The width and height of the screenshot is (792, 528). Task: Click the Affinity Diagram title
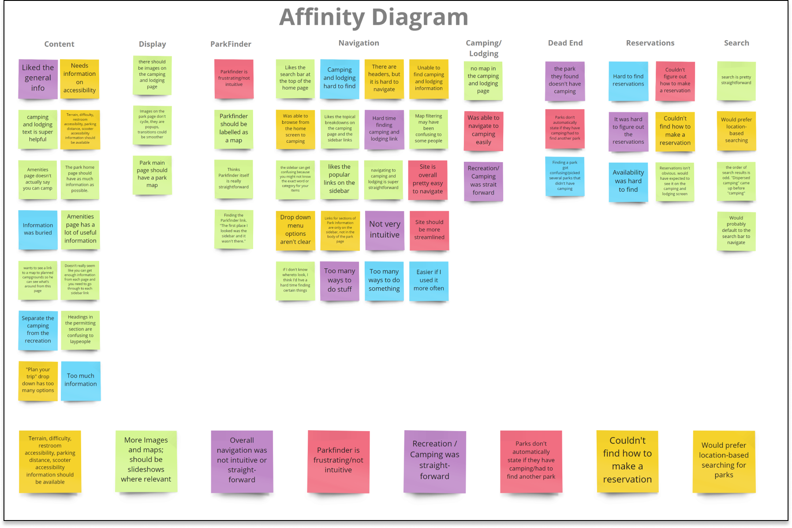(x=374, y=17)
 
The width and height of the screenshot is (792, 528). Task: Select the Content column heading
(x=59, y=44)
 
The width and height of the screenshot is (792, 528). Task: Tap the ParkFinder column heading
(x=231, y=44)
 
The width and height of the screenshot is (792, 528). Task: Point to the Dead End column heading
(x=565, y=43)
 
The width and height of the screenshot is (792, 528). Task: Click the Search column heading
(x=736, y=43)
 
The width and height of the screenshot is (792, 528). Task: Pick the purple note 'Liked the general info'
(x=38, y=78)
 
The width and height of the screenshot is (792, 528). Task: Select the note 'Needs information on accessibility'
(x=79, y=78)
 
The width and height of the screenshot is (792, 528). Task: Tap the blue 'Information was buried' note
(x=38, y=229)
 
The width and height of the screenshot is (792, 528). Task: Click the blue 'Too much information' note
(x=81, y=380)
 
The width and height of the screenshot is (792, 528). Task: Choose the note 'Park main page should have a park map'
(x=152, y=175)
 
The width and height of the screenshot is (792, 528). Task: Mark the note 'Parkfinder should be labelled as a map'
(x=234, y=129)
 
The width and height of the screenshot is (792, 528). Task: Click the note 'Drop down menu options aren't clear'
(x=295, y=230)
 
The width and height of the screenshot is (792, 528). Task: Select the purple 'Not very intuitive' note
(x=385, y=230)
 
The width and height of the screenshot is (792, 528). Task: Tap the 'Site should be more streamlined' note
(x=429, y=230)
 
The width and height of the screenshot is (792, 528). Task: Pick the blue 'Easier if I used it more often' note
(x=429, y=281)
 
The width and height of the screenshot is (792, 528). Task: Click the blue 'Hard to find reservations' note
(x=628, y=81)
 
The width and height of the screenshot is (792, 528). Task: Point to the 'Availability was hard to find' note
(x=628, y=181)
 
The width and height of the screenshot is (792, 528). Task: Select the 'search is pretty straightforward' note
(x=736, y=80)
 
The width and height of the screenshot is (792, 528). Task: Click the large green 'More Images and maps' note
(x=146, y=460)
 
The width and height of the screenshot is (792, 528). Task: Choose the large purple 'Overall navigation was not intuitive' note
(x=242, y=460)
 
